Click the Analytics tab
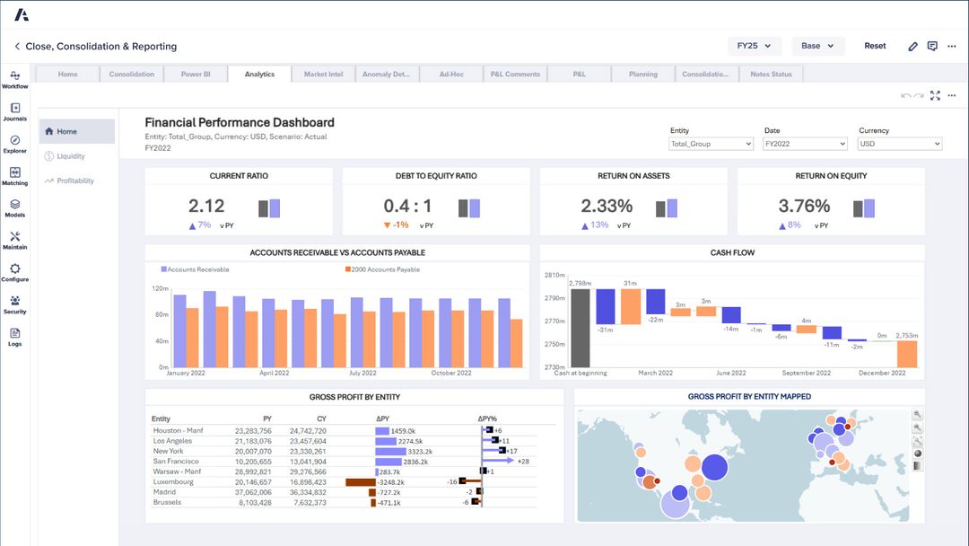[259, 75]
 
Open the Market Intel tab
[323, 75]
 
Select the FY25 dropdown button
[755, 46]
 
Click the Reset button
[875, 46]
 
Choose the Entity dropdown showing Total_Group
[711, 144]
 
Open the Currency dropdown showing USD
[899, 144]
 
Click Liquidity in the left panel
[71, 156]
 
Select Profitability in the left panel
[74, 181]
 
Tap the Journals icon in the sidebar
[15, 111]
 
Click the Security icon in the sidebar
[15, 304]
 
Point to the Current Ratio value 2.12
[206, 207]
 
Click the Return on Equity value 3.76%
[805, 207]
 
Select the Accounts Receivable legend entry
[196, 269]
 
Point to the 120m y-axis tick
[161, 288]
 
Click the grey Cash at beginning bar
[581, 328]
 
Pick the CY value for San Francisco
[308, 462]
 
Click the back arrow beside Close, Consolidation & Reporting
[16, 47]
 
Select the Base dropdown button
[817, 46]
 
